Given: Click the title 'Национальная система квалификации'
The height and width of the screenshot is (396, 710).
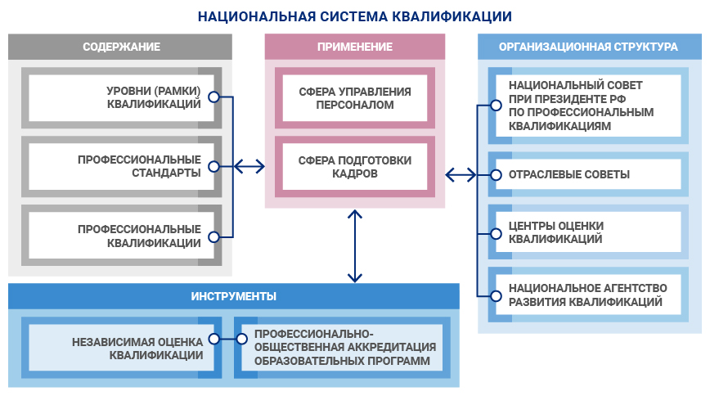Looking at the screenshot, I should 355,16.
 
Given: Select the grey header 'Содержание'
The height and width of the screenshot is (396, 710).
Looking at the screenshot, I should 120,47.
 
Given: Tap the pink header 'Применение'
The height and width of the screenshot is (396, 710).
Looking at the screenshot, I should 355,47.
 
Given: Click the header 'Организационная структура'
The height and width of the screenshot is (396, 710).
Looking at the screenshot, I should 589,47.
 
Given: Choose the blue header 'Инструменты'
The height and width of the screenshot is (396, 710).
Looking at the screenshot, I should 233,296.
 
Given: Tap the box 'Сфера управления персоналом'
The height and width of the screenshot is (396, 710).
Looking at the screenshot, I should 355,98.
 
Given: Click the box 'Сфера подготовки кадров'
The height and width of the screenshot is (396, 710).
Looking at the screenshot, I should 355,167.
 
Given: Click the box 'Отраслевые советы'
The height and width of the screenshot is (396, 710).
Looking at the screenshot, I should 586,174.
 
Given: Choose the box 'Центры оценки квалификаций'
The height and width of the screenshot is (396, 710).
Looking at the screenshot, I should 586,232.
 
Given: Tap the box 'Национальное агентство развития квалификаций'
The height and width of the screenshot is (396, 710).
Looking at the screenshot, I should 586,295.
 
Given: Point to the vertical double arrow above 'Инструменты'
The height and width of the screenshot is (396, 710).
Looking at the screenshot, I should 355,245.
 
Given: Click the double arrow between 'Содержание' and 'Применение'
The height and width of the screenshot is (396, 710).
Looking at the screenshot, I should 249,167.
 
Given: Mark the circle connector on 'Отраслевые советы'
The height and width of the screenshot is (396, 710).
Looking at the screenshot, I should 495,174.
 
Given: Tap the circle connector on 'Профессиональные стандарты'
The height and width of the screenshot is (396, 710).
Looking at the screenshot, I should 213,166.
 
